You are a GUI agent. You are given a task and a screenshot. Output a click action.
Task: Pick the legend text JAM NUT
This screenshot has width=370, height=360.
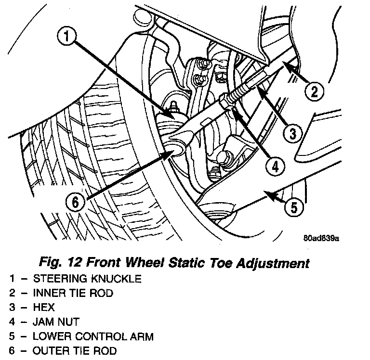(55, 321)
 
